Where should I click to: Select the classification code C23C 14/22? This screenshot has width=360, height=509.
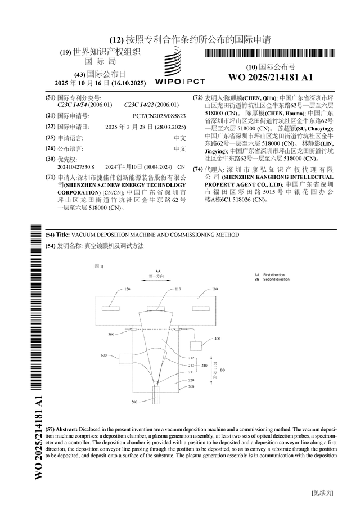[151, 105]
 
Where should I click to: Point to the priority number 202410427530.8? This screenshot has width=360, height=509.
[76, 167]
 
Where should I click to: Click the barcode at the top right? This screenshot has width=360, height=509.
[270, 55]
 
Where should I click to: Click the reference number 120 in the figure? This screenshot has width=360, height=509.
[127, 289]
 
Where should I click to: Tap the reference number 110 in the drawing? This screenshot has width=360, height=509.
[178, 289]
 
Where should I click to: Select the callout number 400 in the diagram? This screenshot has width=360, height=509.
[218, 339]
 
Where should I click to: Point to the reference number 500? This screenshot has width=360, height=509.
[134, 402]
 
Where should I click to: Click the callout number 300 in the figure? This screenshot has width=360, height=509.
[111, 334]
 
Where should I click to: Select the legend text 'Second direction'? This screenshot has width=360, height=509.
[276, 279]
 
